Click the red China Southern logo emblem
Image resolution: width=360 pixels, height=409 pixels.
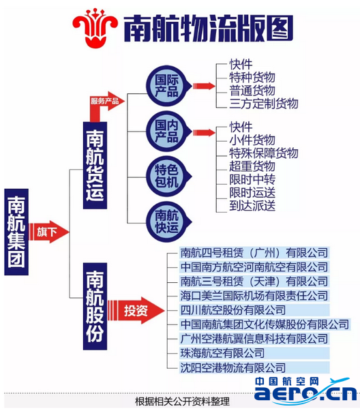coord(95,28)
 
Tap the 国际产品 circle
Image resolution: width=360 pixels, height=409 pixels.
coord(168,86)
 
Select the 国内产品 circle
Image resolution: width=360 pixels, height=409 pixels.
coord(168,132)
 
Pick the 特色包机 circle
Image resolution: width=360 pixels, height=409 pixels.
coord(168,177)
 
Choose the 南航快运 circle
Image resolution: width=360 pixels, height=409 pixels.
coord(168,222)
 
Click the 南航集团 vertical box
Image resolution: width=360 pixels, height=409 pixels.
coord(16,232)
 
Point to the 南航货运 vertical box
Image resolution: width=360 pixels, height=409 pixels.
coord(95,166)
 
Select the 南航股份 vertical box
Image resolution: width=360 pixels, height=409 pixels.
coord(95,306)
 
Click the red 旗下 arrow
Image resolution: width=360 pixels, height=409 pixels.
coord(49,232)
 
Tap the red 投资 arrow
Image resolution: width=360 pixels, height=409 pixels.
coord(136,310)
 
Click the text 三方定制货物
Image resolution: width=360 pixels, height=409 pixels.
coord(264,104)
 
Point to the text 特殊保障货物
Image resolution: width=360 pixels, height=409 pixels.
coord(264,153)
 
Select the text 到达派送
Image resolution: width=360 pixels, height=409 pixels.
coord(252,206)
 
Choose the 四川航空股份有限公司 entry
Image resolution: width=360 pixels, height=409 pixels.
coord(233,310)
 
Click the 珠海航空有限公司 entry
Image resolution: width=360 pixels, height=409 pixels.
coord(222,353)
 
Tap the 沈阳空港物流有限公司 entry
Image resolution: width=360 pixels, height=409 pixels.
coord(233,368)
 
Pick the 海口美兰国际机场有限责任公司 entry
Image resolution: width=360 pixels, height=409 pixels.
coord(254,296)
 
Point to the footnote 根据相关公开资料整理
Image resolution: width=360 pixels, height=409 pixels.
coord(182,402)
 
